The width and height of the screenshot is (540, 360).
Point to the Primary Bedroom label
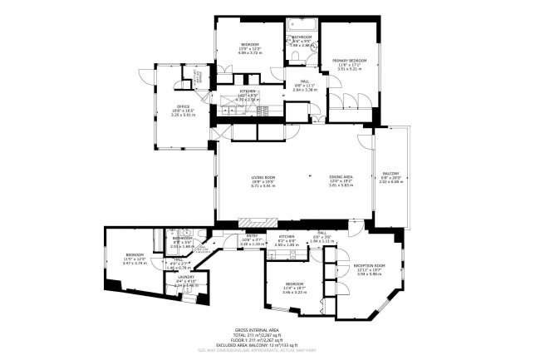[x=349, y=61]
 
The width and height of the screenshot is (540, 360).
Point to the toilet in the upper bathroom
[x=297, y=56]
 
